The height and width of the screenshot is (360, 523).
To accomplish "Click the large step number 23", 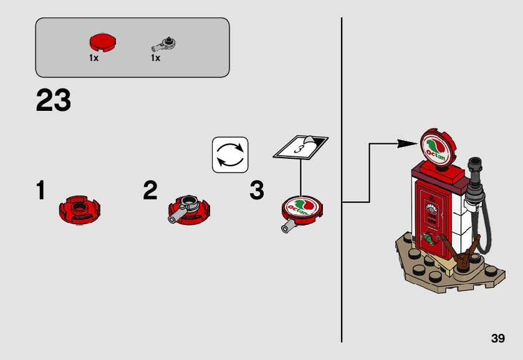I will tap(54, 101).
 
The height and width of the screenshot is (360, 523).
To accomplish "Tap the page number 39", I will tap(497, 338).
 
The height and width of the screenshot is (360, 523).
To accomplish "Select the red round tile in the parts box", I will tap(102, 43).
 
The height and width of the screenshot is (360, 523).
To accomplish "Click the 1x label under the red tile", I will tap(94, 58).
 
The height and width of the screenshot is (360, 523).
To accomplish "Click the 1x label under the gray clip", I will tap(155, 58).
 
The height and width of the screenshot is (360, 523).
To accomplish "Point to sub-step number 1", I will tap(41, 191).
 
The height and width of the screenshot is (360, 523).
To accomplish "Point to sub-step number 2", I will tap(150, 191).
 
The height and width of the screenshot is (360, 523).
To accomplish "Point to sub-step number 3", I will tap(257, 191).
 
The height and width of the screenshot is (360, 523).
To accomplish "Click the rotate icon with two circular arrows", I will tap(230, 154).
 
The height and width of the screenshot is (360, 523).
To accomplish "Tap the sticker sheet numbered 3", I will tap(301, 148).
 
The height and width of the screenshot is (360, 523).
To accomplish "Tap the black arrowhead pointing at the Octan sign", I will tap(408, 144).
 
